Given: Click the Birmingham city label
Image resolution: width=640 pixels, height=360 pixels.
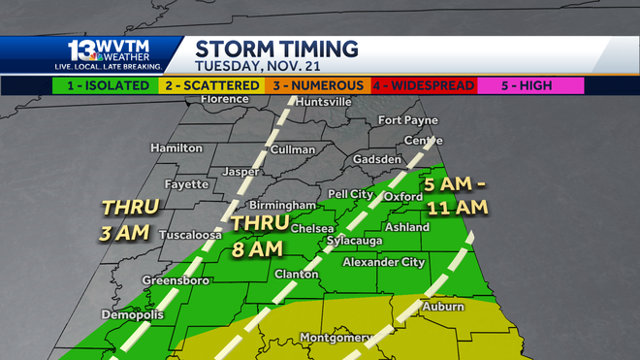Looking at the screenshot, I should click(x=282, y=206).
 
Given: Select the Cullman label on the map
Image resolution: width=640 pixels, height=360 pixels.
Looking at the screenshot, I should click(x=292, y=149).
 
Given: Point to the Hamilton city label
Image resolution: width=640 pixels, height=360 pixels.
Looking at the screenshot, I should click(x=176, y=148).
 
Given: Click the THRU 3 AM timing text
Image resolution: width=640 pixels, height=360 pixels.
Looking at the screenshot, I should click(x=125, y=218).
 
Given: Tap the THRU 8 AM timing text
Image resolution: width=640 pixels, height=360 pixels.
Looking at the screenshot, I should click(x=257, y=235).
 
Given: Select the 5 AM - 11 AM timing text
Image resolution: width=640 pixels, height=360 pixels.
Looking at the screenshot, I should click(x=455, y=194).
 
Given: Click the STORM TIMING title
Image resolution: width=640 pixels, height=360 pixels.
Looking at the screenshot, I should click(x=276, y=49).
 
